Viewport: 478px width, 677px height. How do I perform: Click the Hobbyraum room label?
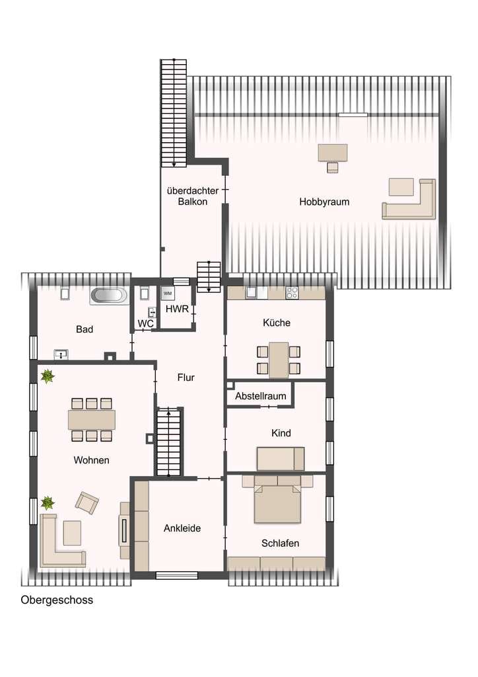(324, 202)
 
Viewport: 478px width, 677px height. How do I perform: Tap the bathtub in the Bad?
(109, 296)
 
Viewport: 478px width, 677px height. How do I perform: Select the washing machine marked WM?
(168, 294)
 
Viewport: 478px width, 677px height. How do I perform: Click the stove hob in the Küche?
(292, 293)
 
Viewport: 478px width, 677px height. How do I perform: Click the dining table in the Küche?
(279, 360)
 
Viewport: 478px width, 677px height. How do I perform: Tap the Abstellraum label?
(260, 396)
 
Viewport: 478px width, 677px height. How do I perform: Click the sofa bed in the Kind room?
(281, 459)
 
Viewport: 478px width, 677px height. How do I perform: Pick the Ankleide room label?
(182, 528)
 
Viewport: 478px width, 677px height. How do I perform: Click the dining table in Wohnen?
(91, 420)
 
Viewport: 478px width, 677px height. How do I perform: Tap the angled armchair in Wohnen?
(87, 502)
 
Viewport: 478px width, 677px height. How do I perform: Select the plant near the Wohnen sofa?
(48, 502)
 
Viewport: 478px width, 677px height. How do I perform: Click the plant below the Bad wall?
(48, 376)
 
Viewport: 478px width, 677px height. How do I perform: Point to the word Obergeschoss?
(57, 600)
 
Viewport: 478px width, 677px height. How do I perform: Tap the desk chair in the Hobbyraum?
(332, 167)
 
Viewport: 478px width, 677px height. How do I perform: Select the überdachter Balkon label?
(193, 196)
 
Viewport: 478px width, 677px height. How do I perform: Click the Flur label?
(186, 378)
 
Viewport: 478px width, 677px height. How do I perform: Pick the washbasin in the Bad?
(61, 354)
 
